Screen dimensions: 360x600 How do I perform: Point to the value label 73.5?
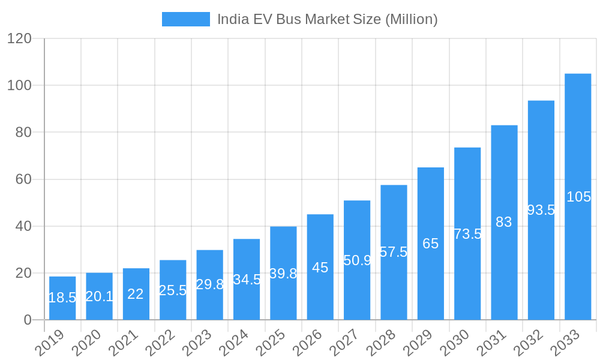(x=467, y=234)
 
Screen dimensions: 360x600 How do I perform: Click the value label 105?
(x=578, y=197)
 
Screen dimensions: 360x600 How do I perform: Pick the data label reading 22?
(x=136, y=294)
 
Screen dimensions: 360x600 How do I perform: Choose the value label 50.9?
(x=357, y=260)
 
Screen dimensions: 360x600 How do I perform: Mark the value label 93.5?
(x=541, y=210)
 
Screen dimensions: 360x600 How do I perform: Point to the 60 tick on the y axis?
(x=23, y=179)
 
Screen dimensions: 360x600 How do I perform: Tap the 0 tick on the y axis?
(x=28, y=320)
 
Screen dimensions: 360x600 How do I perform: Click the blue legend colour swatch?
(x=186, y=19)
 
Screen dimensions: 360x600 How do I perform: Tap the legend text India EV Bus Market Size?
(x=327, y=19)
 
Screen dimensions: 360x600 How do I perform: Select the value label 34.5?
(x=247, y=279)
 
